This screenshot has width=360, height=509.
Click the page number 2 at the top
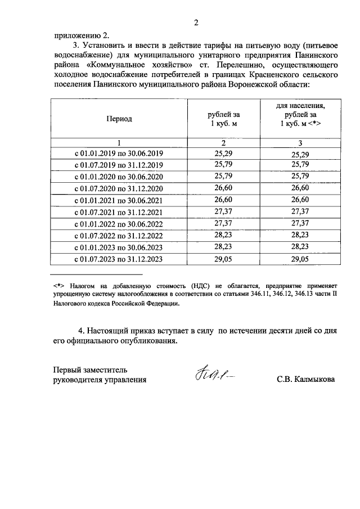point(196,22)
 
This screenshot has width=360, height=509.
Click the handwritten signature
point(213,375)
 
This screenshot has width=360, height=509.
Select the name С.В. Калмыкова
point(305,379)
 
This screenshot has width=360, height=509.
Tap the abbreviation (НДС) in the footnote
point(191,285)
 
